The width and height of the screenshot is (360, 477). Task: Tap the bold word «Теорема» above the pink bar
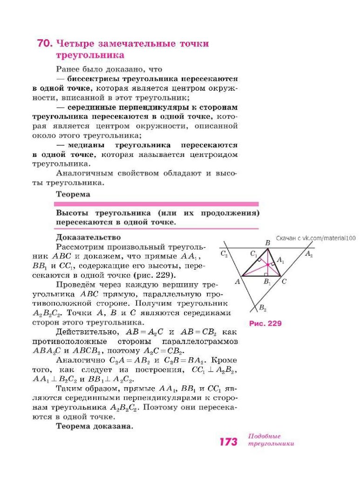(x=73, y=194)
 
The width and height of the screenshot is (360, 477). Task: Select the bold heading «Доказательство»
(x=88, y=237)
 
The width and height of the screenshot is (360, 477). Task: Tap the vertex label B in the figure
(x=267, y=243)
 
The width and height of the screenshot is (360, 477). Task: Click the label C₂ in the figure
(x=224, y=254)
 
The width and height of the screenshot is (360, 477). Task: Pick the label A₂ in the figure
(x=309, y=254)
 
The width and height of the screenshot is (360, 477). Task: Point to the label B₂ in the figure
(x=262, y=308)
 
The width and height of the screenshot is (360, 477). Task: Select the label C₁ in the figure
(x=253, y=254)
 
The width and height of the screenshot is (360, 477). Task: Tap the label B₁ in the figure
(x=267, y=282)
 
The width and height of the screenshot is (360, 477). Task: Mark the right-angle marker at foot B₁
(x=265, y=275)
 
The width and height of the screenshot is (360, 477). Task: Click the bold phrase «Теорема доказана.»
(x=95, y=426)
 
